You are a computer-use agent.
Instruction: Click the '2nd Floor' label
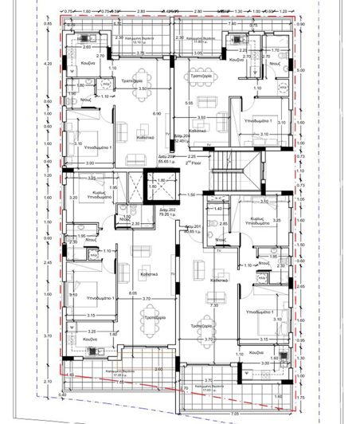[189, 161]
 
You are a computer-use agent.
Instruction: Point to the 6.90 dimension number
[158, 114]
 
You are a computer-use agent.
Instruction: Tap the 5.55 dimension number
[187, 104]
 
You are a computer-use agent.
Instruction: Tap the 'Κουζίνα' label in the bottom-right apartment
[256, 351]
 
